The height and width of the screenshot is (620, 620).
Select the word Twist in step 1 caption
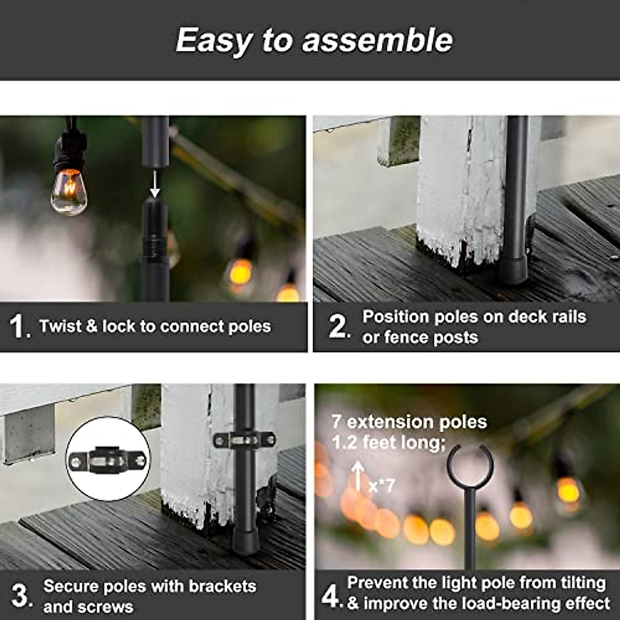pyautogui.click(x=59, y=327)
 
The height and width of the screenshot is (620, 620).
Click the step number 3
pyautogui.click(x=21, y=596)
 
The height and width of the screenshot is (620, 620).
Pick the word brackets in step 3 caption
pyautogui.click(x=222, y=586)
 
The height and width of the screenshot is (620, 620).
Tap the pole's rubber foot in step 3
pyautogui.click(x=244, y=540)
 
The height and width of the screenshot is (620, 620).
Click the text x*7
pyautogui.click(x=382, y=486)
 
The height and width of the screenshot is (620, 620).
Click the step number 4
pyautogui.click(x=330, y=596)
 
